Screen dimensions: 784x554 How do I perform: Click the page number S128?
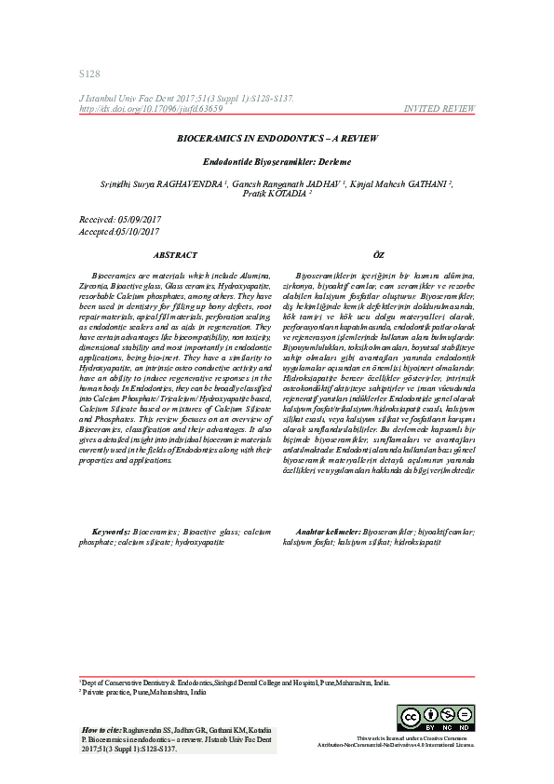click(89, 74)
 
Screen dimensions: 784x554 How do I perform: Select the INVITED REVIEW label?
click(439, 109)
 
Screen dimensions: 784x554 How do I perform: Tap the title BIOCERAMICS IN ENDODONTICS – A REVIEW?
click(277, 137)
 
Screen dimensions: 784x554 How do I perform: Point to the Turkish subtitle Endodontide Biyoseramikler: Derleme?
click(277, 161)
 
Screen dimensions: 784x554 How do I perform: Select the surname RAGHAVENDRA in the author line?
click(193, 183)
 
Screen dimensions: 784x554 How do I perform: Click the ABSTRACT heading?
click(175, 254)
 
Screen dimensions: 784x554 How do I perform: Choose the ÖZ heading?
click(378, 254)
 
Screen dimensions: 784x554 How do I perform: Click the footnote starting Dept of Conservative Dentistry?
click(233, 683)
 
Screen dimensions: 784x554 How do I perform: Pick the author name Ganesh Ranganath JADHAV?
click(293, 183)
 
